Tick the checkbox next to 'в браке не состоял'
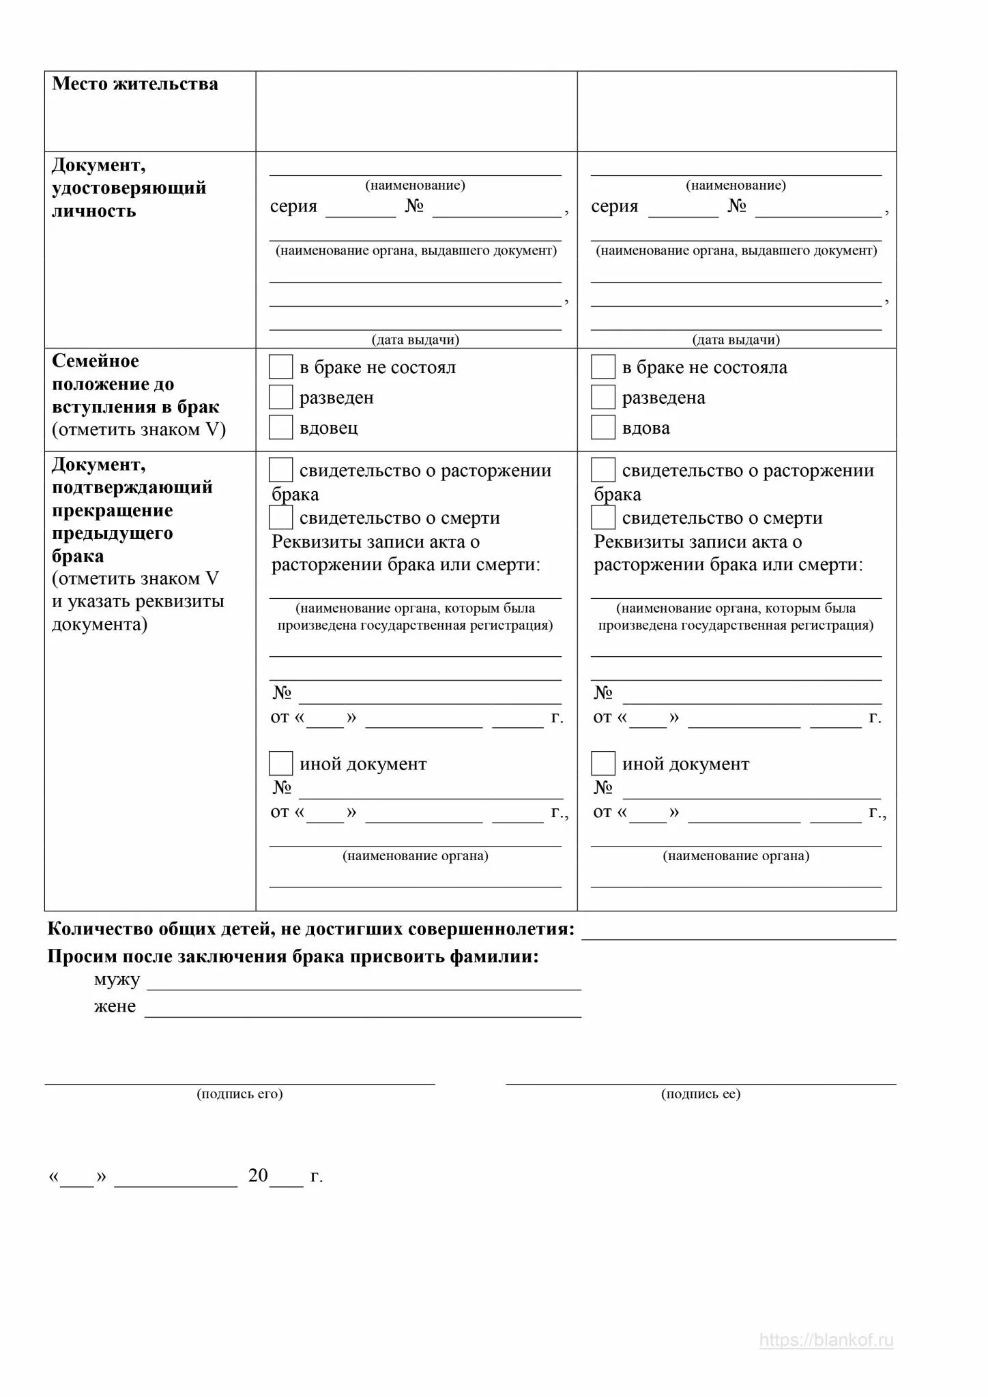click(280, 367)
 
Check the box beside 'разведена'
click(602, 397)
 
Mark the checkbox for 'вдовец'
click(280, 427)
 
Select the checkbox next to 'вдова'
click(602, 427)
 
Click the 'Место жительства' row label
click(135, 84)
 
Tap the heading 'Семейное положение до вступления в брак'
click(135, 384)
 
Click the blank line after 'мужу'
click(364, 982)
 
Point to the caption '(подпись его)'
click(239, 1094)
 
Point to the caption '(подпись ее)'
click(701, 1094)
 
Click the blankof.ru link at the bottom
click(826, 1340)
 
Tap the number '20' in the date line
click(258, 1175)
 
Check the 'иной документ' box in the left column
click(280, 763)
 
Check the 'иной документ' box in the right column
click(602, 763)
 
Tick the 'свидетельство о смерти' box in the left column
click(280, 518)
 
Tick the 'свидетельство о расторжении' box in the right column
click(602, 470)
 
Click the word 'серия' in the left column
click(293, 206)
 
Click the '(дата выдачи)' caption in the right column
click(736, 340)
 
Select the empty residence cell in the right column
click(737, 111)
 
